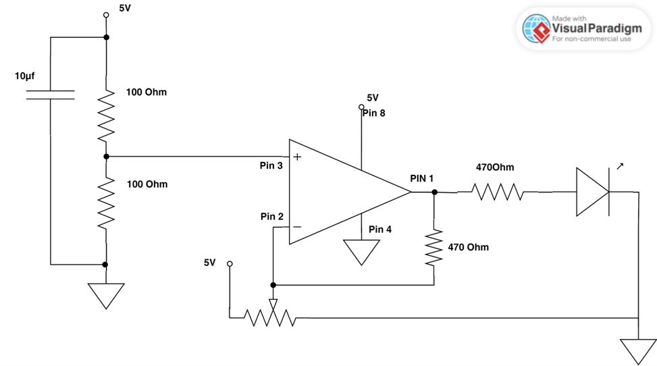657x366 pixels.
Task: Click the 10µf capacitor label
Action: (x=24, y=77)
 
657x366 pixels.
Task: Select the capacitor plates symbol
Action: (x=50, y=94)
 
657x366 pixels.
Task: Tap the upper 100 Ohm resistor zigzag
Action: (x=106, y=116)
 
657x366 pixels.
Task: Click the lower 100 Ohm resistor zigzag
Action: (x=106, y=203)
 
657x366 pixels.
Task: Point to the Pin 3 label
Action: (x=271, y=165)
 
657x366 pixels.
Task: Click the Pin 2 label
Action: (x=272, y=217)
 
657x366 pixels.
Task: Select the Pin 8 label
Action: (x=373, y=113)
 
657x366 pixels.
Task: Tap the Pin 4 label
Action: (x=380, y=230)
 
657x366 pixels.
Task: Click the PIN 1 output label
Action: (x=422, y=178)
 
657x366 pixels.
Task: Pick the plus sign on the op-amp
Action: (x=297, y=157)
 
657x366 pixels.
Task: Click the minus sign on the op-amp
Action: (x=297, y=228)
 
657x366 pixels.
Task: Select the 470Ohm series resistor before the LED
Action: (x=498, y=192)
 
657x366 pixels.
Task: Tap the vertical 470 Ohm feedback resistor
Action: (x=433, y=246)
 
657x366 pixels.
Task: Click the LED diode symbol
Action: (x=593, y=192)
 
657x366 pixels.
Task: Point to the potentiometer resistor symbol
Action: (x=270, y=317)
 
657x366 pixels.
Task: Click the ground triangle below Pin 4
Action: (x=361, y=251)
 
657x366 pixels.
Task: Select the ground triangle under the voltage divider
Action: (x=106, y=294)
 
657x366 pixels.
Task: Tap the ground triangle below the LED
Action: (x=637, y=350)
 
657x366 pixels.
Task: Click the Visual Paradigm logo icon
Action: (x=537, y=29)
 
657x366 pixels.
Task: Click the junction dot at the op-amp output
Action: (x=434, y=192)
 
